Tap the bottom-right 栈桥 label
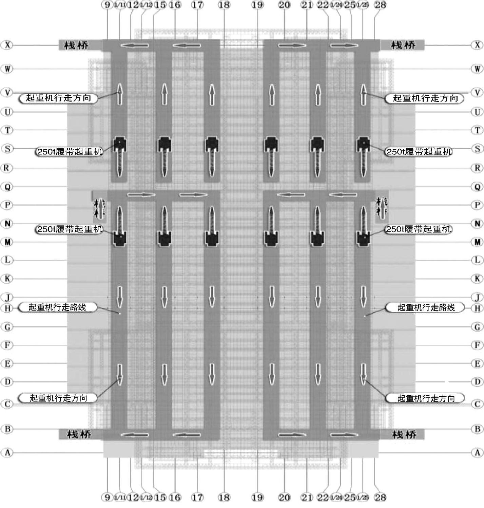tap(404, 434)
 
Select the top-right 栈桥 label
tap(403, 45)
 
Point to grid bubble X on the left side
tap(7, 45)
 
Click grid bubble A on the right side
tap(477, 453)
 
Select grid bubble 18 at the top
tap(224, 4)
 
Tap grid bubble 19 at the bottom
tap(257, 498)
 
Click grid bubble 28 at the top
tap(380, 4)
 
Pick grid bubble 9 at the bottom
tap(107, 498)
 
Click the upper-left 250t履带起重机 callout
tap(70, 152)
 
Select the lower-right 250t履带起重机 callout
tap(419, 229)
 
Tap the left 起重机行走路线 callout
tap(57, 307)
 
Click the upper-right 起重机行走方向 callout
tap(425, 98)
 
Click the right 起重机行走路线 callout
tap(426, 308)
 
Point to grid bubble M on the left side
tap(7, 242)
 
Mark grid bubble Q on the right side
tap(477, 187)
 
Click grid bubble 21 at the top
tap(307, 4)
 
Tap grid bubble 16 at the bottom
tap(175, 498)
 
